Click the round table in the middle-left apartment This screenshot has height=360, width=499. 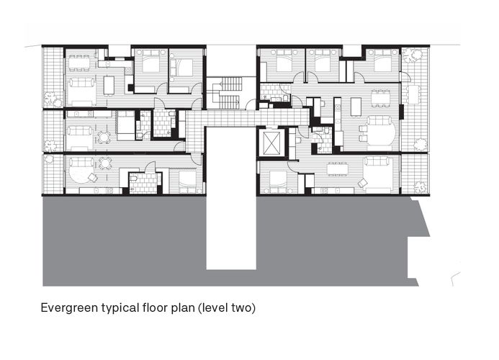click(x=104, y=136)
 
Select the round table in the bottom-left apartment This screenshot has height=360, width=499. click(x=106, y=163)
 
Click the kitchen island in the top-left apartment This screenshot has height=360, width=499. click(x=109, y=85)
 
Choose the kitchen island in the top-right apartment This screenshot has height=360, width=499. click(x=355, y=107)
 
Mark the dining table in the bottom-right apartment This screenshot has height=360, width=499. click(x=338, y=169)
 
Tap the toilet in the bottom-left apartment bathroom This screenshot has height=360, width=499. click(x=133, y=177)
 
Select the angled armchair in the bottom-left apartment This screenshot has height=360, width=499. click(x=92, y=177)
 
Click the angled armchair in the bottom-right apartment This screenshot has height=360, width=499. click(x=362, y=181)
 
